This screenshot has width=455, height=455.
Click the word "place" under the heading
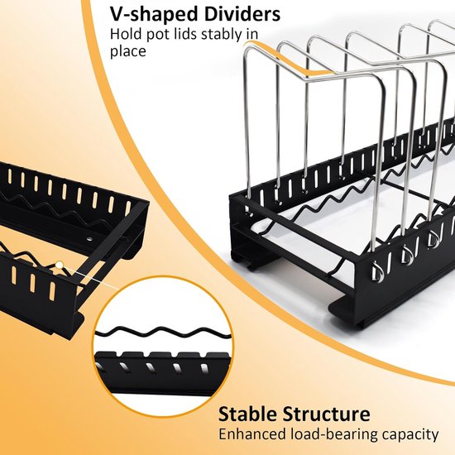[x=127, y=51]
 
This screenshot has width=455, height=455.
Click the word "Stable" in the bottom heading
[x=247, y=414]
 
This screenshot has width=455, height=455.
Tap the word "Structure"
[x=327, y=414]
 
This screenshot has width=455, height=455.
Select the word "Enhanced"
[x=253, y=434]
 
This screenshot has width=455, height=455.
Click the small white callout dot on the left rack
[x=60, y=265]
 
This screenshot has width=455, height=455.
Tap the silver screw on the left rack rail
[x=89, y=239]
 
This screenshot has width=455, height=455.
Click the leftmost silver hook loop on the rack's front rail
[x=376, y=272]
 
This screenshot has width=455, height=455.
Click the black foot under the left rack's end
[x=65, y=328]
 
